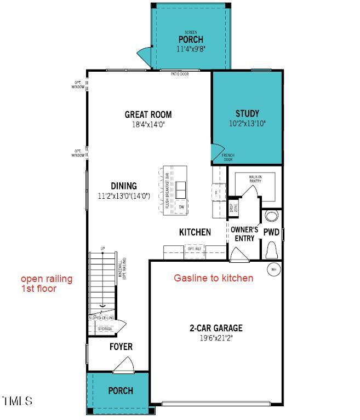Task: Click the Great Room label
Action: click(148, 114)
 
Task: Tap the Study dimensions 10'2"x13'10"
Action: click(247, 124)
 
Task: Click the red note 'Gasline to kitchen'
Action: click(214, 278)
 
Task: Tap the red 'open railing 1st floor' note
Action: click(47, 284)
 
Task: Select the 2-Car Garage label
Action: click(216, 328)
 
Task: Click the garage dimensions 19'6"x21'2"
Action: click(216, 338)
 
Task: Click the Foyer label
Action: click(121, 347)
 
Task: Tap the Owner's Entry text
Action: click(244, 234)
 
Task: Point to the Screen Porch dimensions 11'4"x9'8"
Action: click(191, 49)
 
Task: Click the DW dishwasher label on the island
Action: click(181, 207)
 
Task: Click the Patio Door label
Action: click(179, 73)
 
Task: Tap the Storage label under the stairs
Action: click(105, 329)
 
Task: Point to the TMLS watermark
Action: click(18, 401)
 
